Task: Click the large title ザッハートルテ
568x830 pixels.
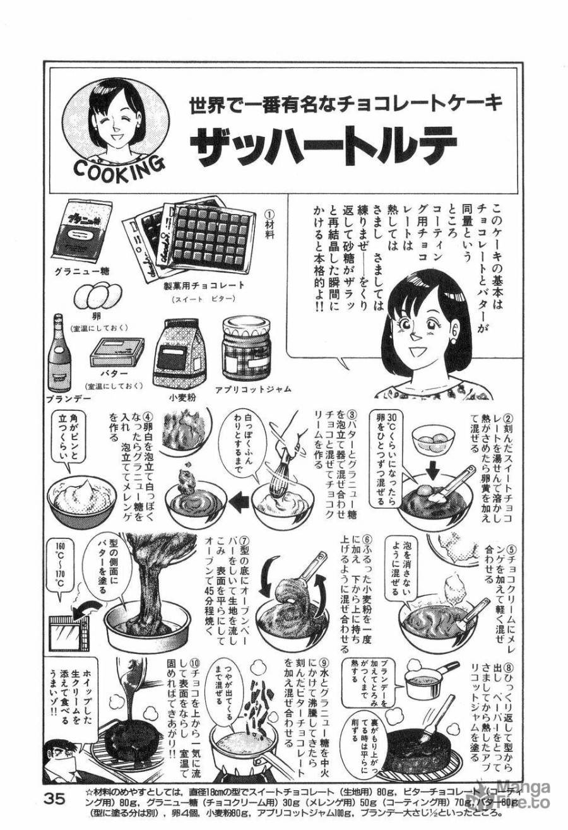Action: pyautogui.click(x=322, y=146)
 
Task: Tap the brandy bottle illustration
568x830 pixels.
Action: pyautogui.click(x=59, y=353)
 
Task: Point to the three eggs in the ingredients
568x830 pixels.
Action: pyautogui.click(x=97, y=294)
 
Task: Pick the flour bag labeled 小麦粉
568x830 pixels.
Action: pyautogui.click(x=180, y=354)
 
